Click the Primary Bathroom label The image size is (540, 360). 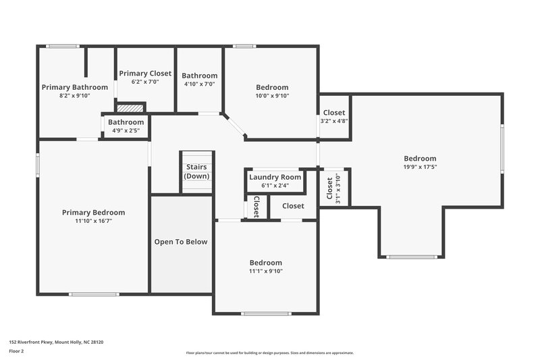75,87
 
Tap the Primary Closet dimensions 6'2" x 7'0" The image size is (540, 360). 145,82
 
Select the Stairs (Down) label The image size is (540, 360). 197,172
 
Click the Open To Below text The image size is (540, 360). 181,242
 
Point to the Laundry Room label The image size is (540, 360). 275,177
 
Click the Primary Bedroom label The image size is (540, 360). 93,212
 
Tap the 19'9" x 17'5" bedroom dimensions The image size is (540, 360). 420,167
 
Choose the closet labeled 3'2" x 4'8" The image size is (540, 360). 334,121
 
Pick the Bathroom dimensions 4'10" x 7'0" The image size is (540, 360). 199,84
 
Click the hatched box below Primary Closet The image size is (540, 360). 131,107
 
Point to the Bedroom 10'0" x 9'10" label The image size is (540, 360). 272,87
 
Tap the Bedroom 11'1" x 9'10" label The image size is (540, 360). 266,263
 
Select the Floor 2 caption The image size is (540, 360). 16,352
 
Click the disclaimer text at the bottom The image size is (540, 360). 270,353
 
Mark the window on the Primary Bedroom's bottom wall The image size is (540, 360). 94,294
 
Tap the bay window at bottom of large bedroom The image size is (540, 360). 412,257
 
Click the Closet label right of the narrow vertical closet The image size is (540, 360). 293,206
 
